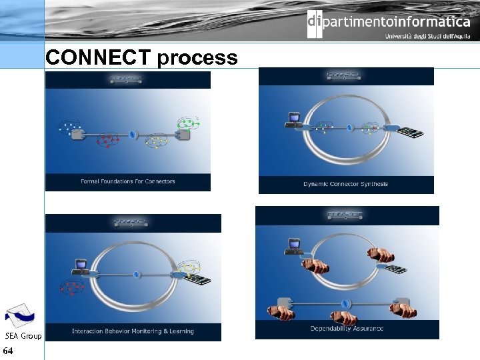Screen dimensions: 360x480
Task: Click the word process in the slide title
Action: tap(197, 59)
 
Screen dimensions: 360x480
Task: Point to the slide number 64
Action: tap(8, 351)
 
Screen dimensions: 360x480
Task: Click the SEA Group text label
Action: tap(23, 336)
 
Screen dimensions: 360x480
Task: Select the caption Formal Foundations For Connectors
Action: tap(127, 181)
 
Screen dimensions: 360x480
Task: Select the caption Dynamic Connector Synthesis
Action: tap(345, 184)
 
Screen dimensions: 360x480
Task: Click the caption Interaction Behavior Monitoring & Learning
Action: tap(133, 331)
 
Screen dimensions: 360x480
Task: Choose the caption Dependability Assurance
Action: tap(347, 329)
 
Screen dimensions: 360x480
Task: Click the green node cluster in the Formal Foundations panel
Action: tap(187, 123)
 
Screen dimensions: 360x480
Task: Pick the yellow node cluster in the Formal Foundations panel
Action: tap(156, 141)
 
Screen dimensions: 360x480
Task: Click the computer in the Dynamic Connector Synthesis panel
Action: tap(292, 119)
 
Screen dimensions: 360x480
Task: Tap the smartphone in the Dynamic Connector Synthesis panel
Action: tap(410, 132)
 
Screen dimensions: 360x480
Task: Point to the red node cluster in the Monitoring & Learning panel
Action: tap(72, 287)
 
